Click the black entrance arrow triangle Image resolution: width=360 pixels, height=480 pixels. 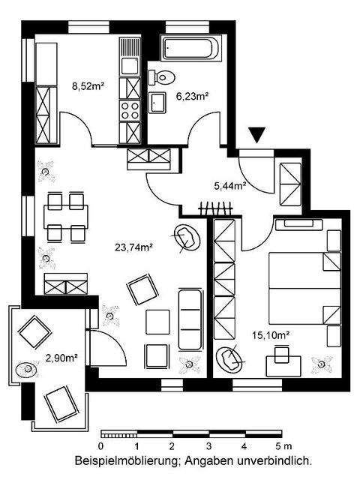point(257,135)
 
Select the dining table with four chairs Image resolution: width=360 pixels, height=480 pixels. point(64,217)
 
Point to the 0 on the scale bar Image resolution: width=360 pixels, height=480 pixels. point(101,446)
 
